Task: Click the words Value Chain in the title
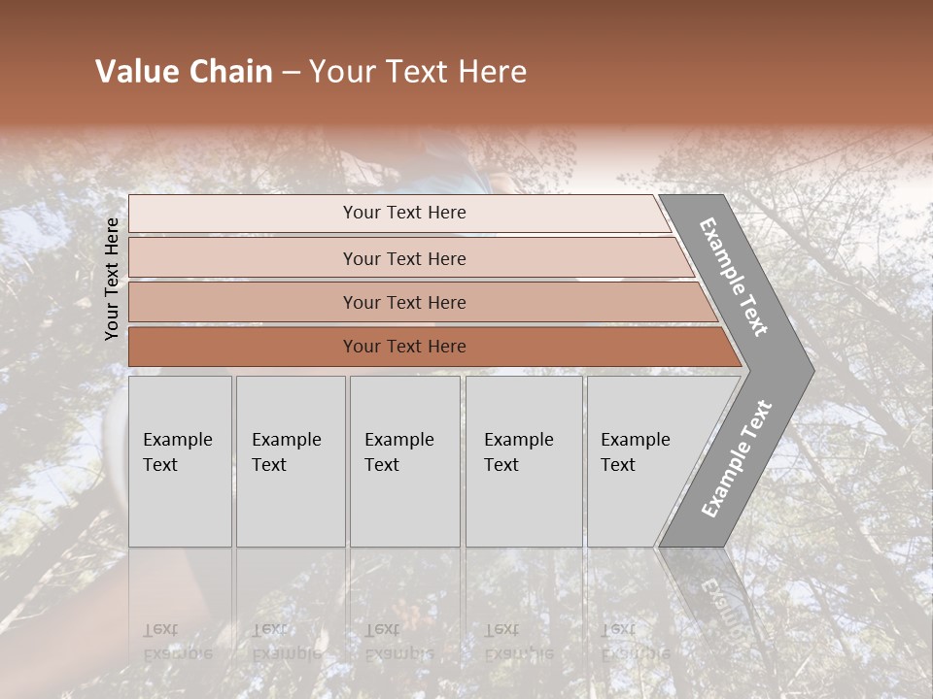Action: (x=184, y=72)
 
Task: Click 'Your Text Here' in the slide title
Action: (x=418, y=72)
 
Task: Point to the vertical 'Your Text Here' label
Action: (x=112, y=279)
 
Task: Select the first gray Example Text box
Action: (x=180, y=461)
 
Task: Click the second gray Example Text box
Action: (x=291, y=461)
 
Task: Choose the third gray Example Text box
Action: (x=404, y=461)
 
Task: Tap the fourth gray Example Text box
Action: (x=524, y=461)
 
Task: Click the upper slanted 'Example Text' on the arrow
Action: (x=734, y=277)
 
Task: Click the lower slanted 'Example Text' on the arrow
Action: (x=736, y=459)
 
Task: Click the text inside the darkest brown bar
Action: (x=404, y=347)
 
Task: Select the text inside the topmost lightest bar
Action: (x=404, y=213)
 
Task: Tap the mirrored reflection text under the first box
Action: (x=177, y=643)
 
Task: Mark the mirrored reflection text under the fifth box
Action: (x=635, y=643)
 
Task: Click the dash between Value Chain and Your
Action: (x=291, y=73)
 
